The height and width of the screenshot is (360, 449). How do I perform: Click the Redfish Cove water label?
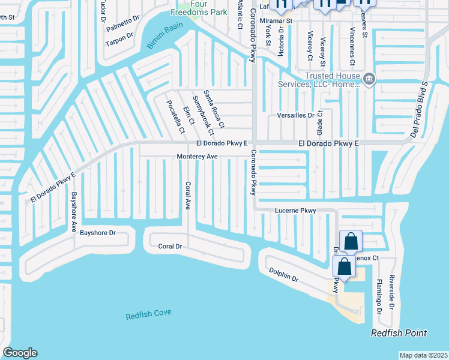point(148,314)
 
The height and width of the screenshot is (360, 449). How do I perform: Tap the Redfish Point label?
point(399,333)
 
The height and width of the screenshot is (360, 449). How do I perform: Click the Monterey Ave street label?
point(196,157)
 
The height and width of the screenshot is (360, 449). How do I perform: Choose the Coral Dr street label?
point(170,246)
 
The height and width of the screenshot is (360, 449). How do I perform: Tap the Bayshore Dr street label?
point(97,232)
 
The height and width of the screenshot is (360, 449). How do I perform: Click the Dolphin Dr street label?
point(283,275)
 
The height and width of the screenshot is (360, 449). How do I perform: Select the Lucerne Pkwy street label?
point(295,211)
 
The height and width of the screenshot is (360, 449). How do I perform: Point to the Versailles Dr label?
point(295,115)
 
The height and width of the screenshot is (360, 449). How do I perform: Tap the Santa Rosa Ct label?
point(214,109)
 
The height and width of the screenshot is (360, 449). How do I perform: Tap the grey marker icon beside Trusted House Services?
point(370,79)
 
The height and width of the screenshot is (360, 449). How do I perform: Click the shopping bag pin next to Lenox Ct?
point(351,242)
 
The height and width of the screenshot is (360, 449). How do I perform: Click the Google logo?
point(20,353)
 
